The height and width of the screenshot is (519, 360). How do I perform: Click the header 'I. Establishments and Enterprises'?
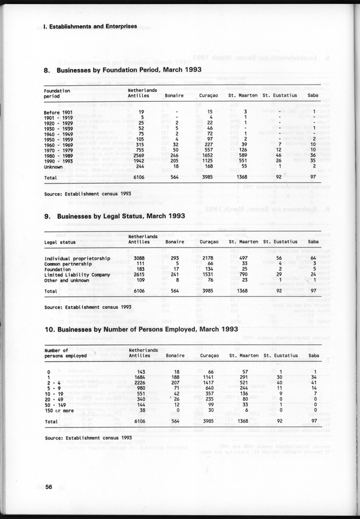[x=90, y=26]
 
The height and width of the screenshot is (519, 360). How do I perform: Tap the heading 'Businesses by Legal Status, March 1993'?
[x=118, y=217]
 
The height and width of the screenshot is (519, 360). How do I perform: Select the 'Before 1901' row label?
[x=58, y=111]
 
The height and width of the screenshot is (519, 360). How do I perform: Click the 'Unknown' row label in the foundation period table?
[x=54, y=167]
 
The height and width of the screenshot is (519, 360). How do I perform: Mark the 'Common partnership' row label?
[x=66, y=264]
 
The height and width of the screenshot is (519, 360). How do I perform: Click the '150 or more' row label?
[x=59, y=410]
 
